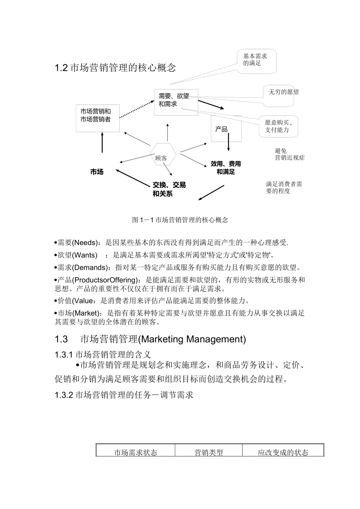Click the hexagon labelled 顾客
162,155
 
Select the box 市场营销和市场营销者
97,118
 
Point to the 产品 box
226,129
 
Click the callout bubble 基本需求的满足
257,60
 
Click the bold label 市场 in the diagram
97,172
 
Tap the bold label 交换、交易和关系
169,189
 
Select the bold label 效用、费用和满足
226,168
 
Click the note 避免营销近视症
289,154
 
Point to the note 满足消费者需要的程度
284,187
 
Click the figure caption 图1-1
180,220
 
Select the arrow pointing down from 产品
229,142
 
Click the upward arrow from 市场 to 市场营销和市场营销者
102,142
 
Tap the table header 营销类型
208,452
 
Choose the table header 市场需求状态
136,452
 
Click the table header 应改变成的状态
283,452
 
